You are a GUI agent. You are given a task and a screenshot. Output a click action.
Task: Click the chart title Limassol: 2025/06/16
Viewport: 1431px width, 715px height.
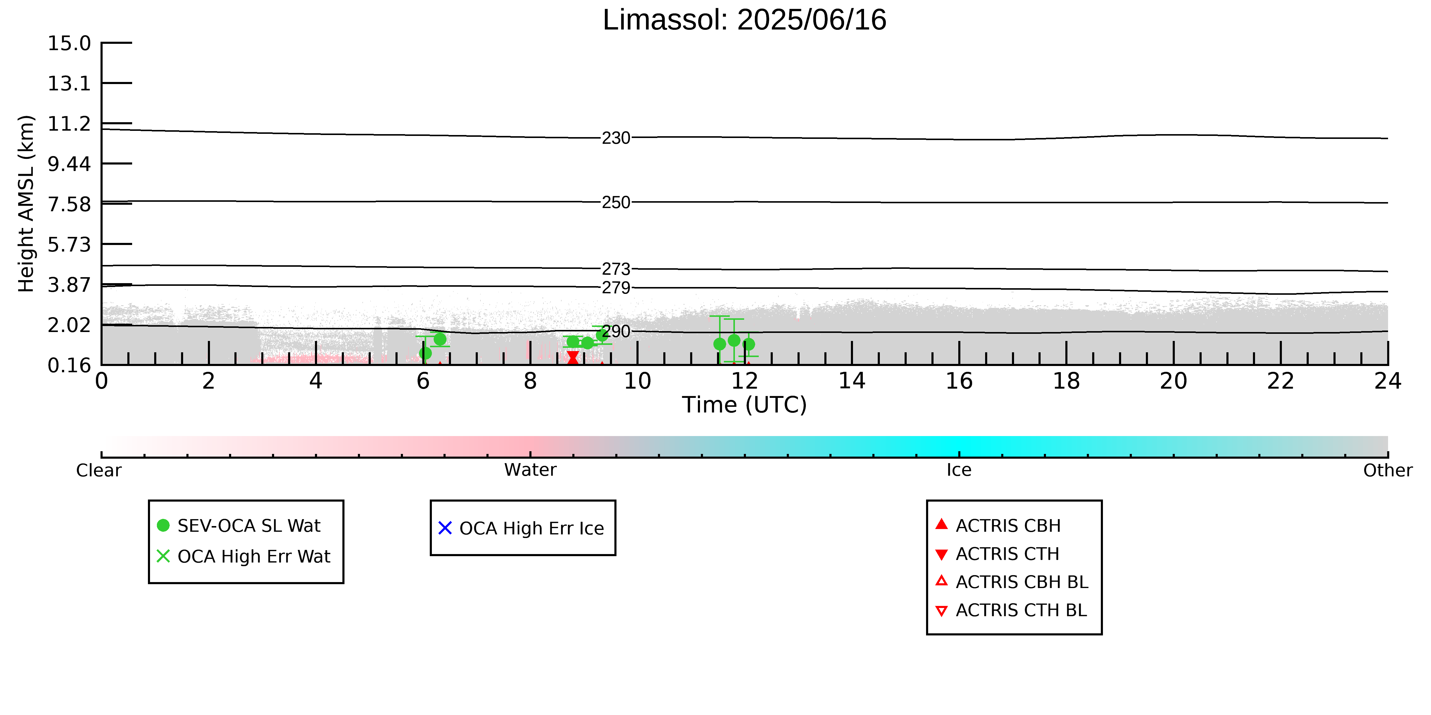[x=744, y=20]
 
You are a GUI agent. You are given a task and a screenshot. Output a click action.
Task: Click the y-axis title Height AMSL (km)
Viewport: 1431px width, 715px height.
[x=26, y=204]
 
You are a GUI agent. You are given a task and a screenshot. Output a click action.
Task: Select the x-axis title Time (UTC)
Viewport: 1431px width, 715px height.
[x=744, y=405]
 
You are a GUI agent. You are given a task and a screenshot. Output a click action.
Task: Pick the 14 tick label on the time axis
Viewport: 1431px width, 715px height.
[x=852, y=381]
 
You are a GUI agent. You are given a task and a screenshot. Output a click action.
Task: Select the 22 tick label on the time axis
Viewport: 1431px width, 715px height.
[x=1280, y=381]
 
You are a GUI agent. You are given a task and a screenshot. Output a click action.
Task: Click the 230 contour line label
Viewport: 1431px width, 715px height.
[x=616, y=138]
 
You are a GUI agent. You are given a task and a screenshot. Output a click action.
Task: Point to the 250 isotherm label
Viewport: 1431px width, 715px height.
[x=616, y=202]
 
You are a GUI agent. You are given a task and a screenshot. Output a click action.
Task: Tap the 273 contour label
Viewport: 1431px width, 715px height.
[x=616, y=269]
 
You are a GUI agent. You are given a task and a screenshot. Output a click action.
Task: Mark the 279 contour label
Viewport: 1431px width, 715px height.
[x=616, y=288]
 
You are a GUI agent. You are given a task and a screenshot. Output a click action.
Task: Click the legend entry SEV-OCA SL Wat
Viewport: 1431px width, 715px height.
[x=239, y=526]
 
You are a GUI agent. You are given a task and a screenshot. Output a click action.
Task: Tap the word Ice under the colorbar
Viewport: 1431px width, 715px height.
[x=959, y=470]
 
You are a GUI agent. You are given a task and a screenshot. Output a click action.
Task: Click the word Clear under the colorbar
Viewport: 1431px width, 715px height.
[x=99, y=470]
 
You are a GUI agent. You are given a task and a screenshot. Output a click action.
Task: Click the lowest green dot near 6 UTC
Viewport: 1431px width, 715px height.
[x=425, y=353]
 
